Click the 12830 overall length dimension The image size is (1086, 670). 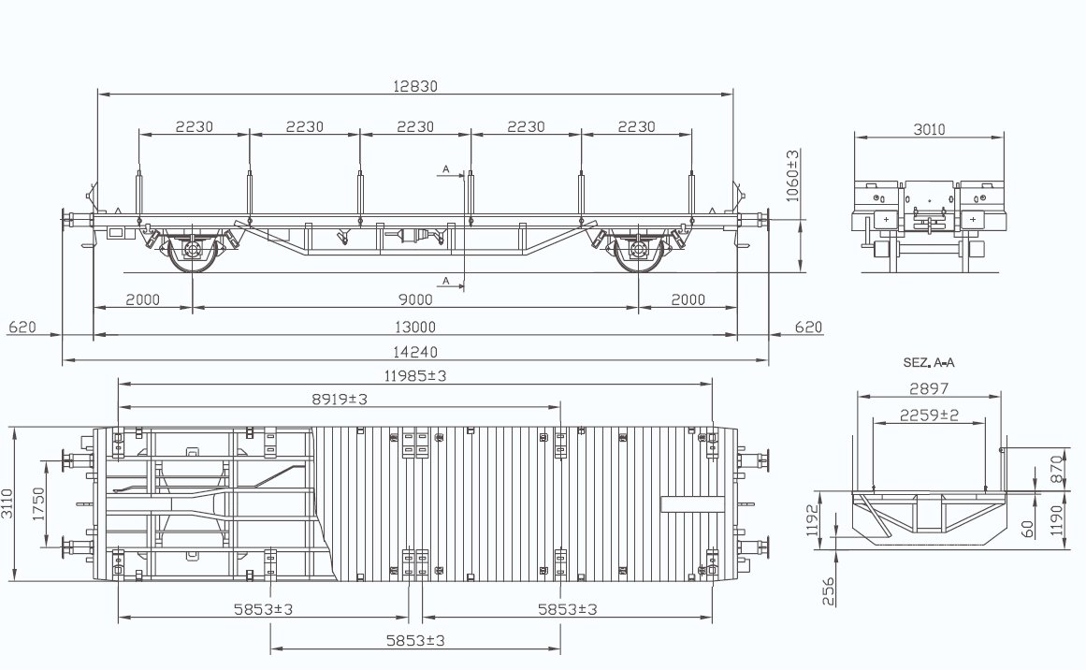click(x=415, y=86)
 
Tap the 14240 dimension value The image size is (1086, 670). click(x=415, y=352)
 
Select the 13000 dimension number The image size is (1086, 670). click(x=415, y=327)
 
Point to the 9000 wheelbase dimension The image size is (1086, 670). click(x=415, y=299)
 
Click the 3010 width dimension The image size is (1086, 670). click(x=929, y=129)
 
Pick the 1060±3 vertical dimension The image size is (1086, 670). click(x=793, y=175)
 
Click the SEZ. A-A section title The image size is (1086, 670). click(x=929, y=362)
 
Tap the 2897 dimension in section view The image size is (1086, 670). click(x=929, y=388)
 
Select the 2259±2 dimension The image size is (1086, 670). click(x=929, y=415)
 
